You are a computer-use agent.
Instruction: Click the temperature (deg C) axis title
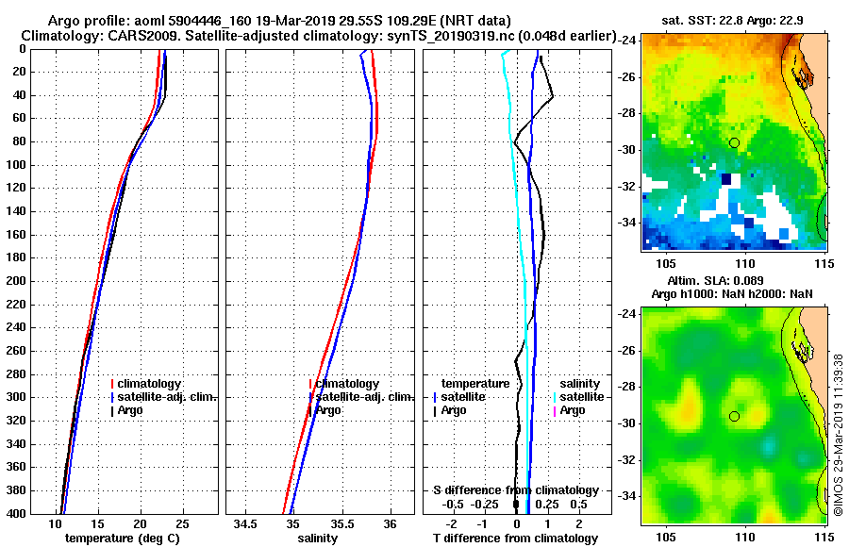[x=122, y=538]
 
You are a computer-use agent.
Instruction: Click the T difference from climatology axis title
[x=515, y=538]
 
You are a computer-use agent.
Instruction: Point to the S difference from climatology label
[x=515, y=490]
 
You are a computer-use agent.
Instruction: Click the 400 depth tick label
[x=16, y=513]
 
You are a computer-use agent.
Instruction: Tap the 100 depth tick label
[x=16, y=165]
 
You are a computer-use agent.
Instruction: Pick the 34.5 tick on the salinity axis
[x=247, y=523]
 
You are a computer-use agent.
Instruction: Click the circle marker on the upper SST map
[x=734, y=142]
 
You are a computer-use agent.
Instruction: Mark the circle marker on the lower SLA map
[x=734, y=416]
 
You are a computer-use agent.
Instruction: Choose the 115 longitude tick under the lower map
[x=825, y=535]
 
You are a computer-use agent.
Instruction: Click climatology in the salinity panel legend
[x=347, y=384]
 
